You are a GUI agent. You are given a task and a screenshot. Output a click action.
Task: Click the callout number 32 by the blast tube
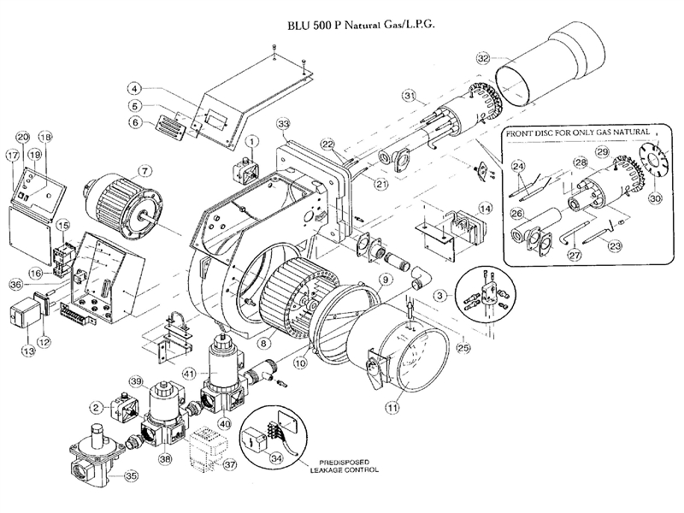pyautogui.click(x=483, y=59)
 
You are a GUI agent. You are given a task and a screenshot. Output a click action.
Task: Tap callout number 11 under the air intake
pyautogui.click(x=392, y=409)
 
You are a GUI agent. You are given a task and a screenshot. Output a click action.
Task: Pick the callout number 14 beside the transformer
pyautogui.click(x=485, y=208)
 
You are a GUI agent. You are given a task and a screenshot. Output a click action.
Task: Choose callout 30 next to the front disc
pyautogui.click(x=657, y=198)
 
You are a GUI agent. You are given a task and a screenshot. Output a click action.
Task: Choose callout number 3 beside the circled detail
pyautogui.click(x=439, y=295)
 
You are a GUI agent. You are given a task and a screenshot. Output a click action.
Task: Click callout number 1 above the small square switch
pyautogui.click(x=252, y=139)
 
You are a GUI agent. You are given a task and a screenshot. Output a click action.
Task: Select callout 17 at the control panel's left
pyautogui.click(x=11, y=156)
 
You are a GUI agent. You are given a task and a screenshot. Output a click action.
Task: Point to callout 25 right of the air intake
pyautogui.click(x=464, y=347)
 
